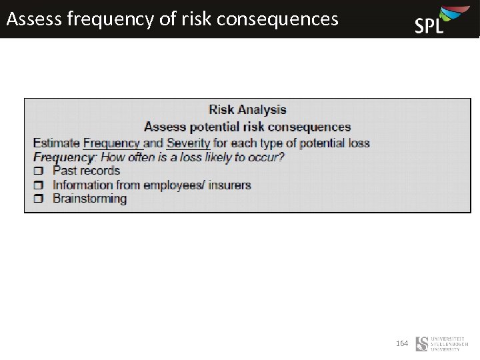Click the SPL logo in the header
click(437, 20)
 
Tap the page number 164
click(402, 343)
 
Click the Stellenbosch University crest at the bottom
click(422, 344)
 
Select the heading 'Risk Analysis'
click(247, 110)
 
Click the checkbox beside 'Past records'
click(38, 171)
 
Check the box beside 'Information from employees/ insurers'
click(38, 185)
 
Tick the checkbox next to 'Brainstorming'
click(38, 199)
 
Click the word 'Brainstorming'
click(89, 199)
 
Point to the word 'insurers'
click(229, 185)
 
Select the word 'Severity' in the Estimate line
click(188, 143)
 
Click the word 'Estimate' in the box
click(57, 143)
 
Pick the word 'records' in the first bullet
click(99, 171)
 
